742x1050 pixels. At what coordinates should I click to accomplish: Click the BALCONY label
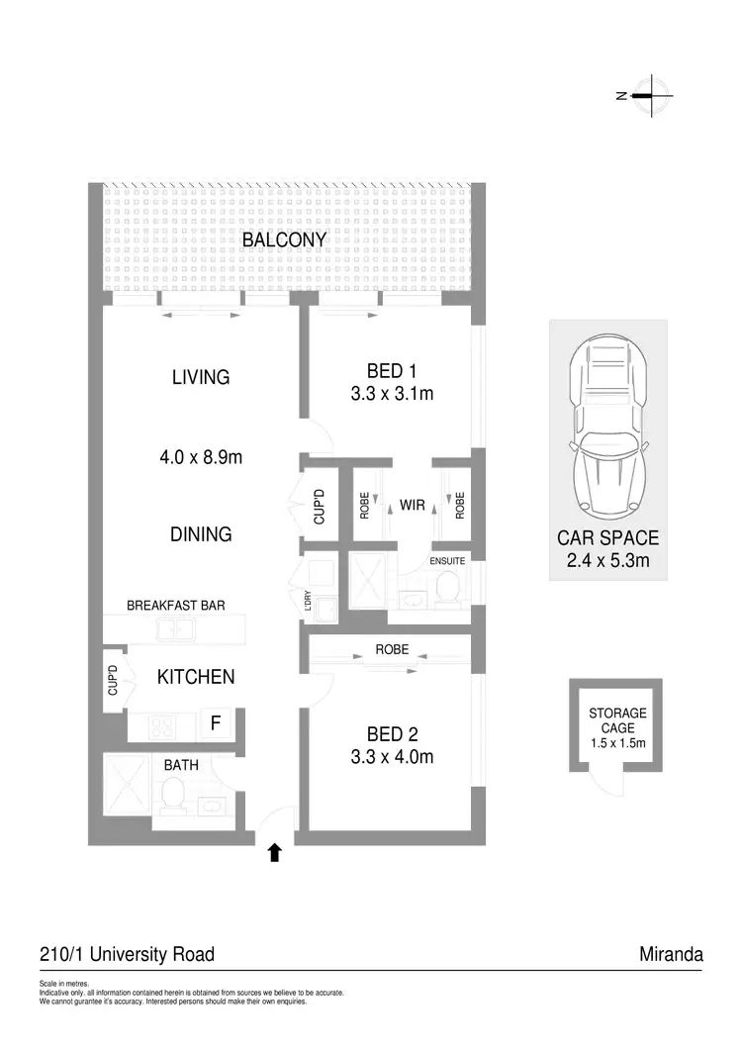(x=284, y=240)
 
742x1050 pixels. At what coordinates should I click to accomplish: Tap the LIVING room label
(x=200, y=377)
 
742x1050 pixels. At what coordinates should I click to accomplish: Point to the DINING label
(x=201, y=534)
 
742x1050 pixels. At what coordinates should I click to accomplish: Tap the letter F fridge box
(x=215, y=724)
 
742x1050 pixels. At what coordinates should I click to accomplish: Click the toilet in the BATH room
(x=173, y=794)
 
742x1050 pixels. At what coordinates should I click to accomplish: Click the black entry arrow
(x=275, y=852)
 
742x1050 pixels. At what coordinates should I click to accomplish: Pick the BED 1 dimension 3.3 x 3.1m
(x=392, y=393)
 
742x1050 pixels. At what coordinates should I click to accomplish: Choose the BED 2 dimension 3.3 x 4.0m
(x=392, y=758)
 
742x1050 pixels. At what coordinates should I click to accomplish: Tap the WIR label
(x=413, y=506)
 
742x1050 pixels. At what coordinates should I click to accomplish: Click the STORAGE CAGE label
(x=617, y=719)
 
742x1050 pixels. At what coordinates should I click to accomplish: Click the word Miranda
(x=671, y=955)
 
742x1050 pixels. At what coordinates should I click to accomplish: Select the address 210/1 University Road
(x=127, y=955)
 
